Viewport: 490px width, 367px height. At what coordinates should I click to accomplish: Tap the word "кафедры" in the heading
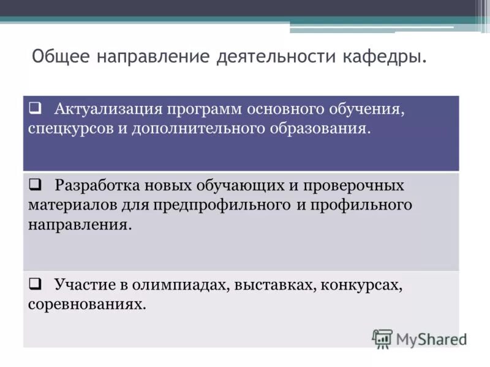(391, 57)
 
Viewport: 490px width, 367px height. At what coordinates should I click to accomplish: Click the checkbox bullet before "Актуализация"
(36, 108)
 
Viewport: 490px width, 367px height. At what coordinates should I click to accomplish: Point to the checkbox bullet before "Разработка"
(36, 183)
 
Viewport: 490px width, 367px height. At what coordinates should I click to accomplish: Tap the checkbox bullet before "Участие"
(36, 283)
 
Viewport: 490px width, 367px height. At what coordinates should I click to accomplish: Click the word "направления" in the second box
(79, 224)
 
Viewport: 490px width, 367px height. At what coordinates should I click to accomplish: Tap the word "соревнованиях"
(87, 304)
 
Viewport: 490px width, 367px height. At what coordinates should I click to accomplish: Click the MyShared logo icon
(382, 338)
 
